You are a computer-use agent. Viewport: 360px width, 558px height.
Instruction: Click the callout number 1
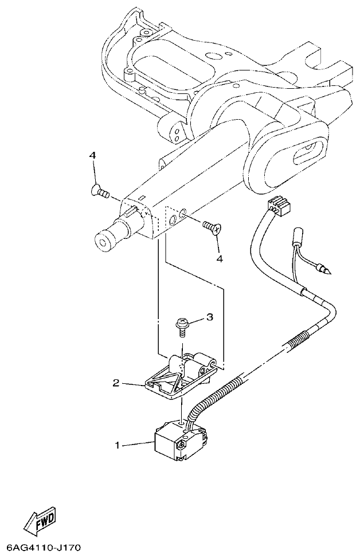click(x=118, y=444)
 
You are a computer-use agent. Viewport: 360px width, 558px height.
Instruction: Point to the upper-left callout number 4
click(x=92, y=155)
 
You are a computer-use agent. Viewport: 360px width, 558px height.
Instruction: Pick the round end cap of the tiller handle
click(x=105, y=241)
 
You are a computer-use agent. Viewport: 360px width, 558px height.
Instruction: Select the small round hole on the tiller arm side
click(x=182, y=214)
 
